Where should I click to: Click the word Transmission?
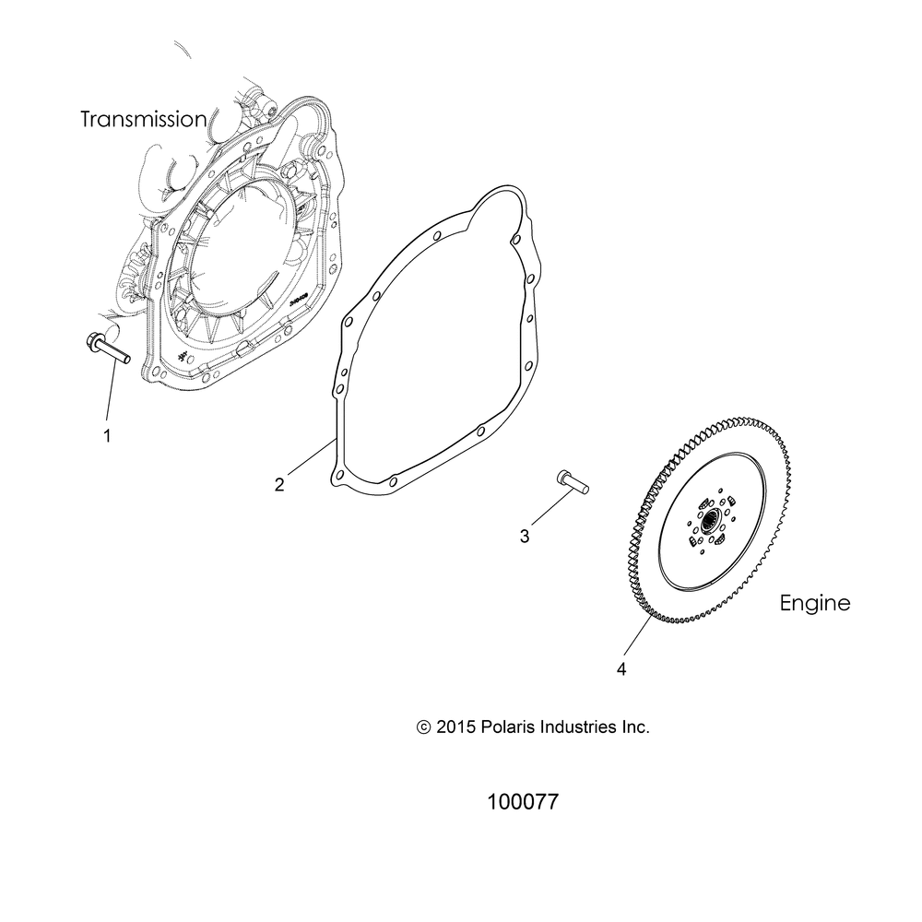click(156, 119)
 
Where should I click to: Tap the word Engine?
click(814, 604)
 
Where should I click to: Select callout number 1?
click(107, 435)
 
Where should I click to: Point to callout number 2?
click(279, 485)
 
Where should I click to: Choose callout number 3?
click(525, 536)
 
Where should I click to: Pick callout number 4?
click(621, 669)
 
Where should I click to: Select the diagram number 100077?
click(522, 802)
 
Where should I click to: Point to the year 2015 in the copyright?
click(455, 727)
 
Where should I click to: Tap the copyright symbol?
click(424, 727)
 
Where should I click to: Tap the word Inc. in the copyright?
click(636, 727)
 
